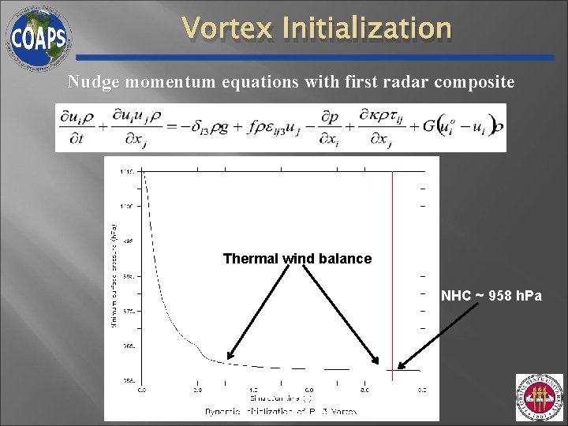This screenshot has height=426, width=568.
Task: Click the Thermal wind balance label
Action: point(297,259)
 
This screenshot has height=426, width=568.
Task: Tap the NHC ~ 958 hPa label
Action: point(491,296)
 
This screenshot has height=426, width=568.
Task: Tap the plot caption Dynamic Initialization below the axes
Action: point(281,411)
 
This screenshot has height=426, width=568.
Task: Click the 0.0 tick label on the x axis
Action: point(142,389)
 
